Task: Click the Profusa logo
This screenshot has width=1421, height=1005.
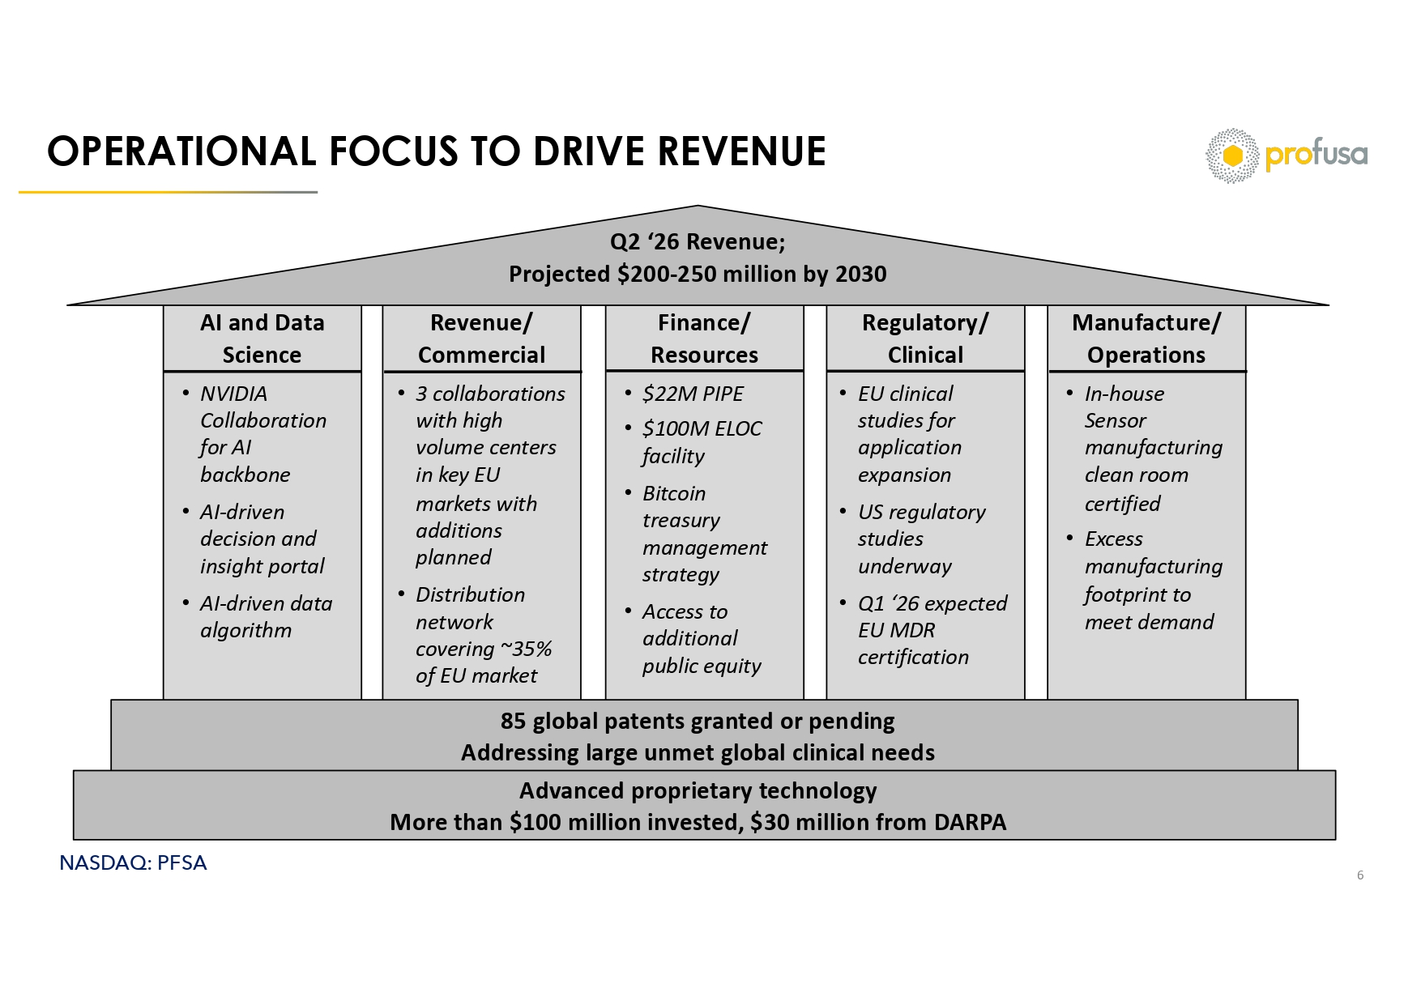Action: (x=1286, y=155)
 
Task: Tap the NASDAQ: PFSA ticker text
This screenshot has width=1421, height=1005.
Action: (x=133, y=863)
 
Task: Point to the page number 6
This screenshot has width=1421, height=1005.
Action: (x=1360, y=875)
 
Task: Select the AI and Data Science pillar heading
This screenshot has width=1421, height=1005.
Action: (x=262, y=339)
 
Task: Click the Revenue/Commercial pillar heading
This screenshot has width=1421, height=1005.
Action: (x=481, y=339)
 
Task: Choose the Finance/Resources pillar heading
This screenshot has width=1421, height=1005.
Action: (x=704, y=339)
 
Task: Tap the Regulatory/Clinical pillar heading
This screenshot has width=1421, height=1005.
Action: (x=925, y=339)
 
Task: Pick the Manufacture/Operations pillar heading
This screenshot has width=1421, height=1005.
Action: (x=1146, y=339)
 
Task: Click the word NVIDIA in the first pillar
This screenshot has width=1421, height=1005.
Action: (x=233, y=394)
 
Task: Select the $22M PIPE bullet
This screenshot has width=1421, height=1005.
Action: (x=693, y=394)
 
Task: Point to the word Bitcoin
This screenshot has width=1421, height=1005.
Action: (x=674, y=493)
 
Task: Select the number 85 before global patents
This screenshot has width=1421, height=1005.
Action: (x=514, y=721)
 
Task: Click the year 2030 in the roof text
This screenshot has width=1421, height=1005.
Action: (x=860, y=275)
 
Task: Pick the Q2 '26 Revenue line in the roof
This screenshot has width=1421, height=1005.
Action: (x=697, y=242)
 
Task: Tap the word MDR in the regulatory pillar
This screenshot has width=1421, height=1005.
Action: (x=912, y=630)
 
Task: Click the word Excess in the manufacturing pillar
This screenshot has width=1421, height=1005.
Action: (x=1113, y=539)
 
